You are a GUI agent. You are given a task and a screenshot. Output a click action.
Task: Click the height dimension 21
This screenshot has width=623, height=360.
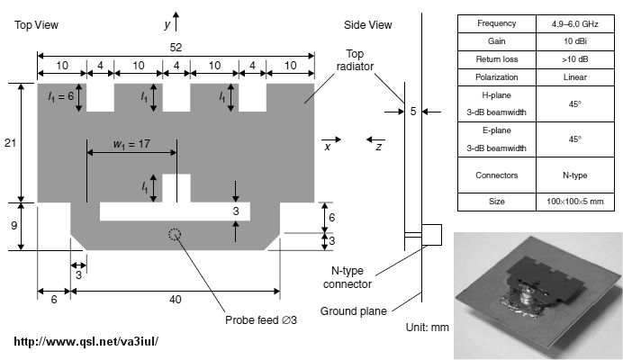coord(10,143)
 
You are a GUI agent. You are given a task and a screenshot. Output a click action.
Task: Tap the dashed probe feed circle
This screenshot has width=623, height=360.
coord(176,235)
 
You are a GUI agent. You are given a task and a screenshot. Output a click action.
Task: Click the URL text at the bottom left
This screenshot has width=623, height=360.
coord(87,342)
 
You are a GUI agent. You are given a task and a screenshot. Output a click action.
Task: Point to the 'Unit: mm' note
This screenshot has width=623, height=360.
coord(427,327)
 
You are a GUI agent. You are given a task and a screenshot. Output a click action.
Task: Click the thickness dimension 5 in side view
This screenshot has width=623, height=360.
coord(412,112)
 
